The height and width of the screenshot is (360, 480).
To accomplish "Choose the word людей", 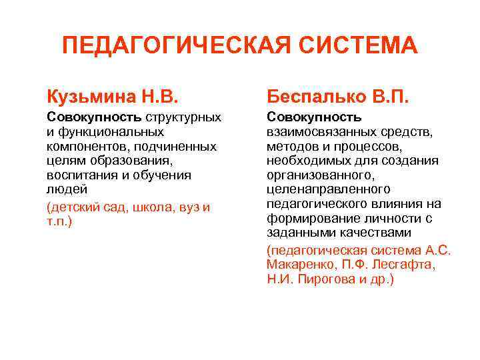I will [62, 189].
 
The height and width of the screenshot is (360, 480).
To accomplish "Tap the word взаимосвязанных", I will [319, 131].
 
